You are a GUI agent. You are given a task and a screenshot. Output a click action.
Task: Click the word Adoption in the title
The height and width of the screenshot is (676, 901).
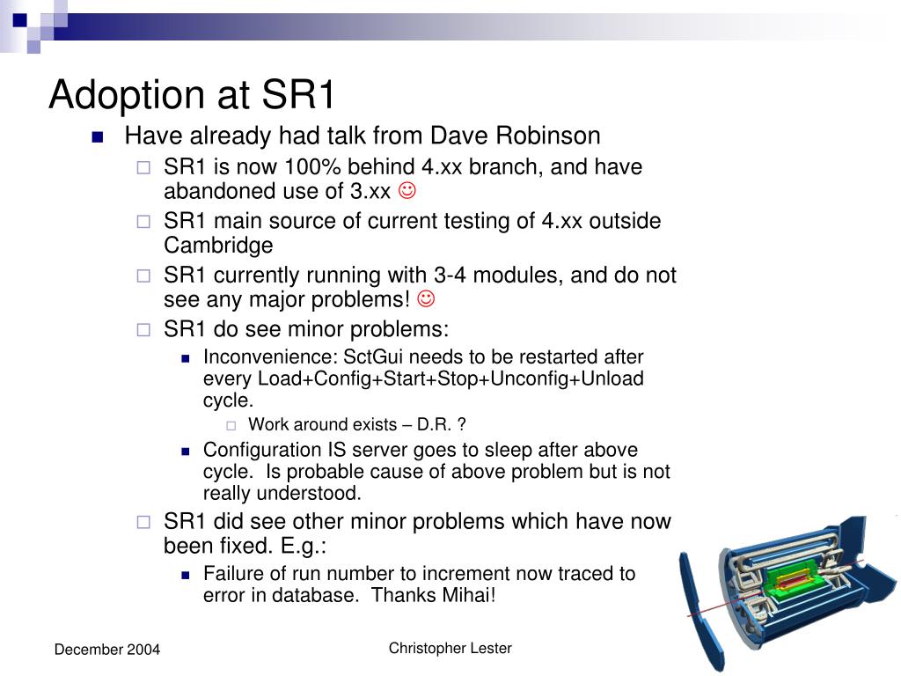127,95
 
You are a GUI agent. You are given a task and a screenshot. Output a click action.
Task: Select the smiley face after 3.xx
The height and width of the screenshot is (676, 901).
407,190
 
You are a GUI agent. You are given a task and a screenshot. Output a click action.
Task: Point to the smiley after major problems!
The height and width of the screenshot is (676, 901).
425,298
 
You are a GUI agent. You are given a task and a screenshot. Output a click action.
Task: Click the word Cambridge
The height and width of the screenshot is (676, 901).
218,246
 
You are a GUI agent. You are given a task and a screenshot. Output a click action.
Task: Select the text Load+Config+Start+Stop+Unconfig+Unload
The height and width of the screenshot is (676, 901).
450,378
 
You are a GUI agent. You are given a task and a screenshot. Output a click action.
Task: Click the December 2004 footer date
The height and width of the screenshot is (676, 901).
107,650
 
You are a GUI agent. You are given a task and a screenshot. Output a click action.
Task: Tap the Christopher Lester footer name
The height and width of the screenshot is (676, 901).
450,649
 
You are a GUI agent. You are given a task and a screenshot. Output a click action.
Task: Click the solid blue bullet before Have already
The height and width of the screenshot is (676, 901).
98,136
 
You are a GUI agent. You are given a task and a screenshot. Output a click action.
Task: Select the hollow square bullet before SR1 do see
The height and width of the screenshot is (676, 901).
143,330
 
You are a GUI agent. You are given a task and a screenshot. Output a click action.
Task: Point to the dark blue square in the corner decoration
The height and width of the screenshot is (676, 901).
19,20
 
